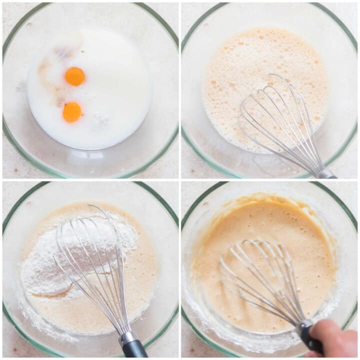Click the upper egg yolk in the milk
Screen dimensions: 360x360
coord(74,76)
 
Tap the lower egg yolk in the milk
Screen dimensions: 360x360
coord(72,112)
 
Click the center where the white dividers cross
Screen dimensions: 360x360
coord(180,180)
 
